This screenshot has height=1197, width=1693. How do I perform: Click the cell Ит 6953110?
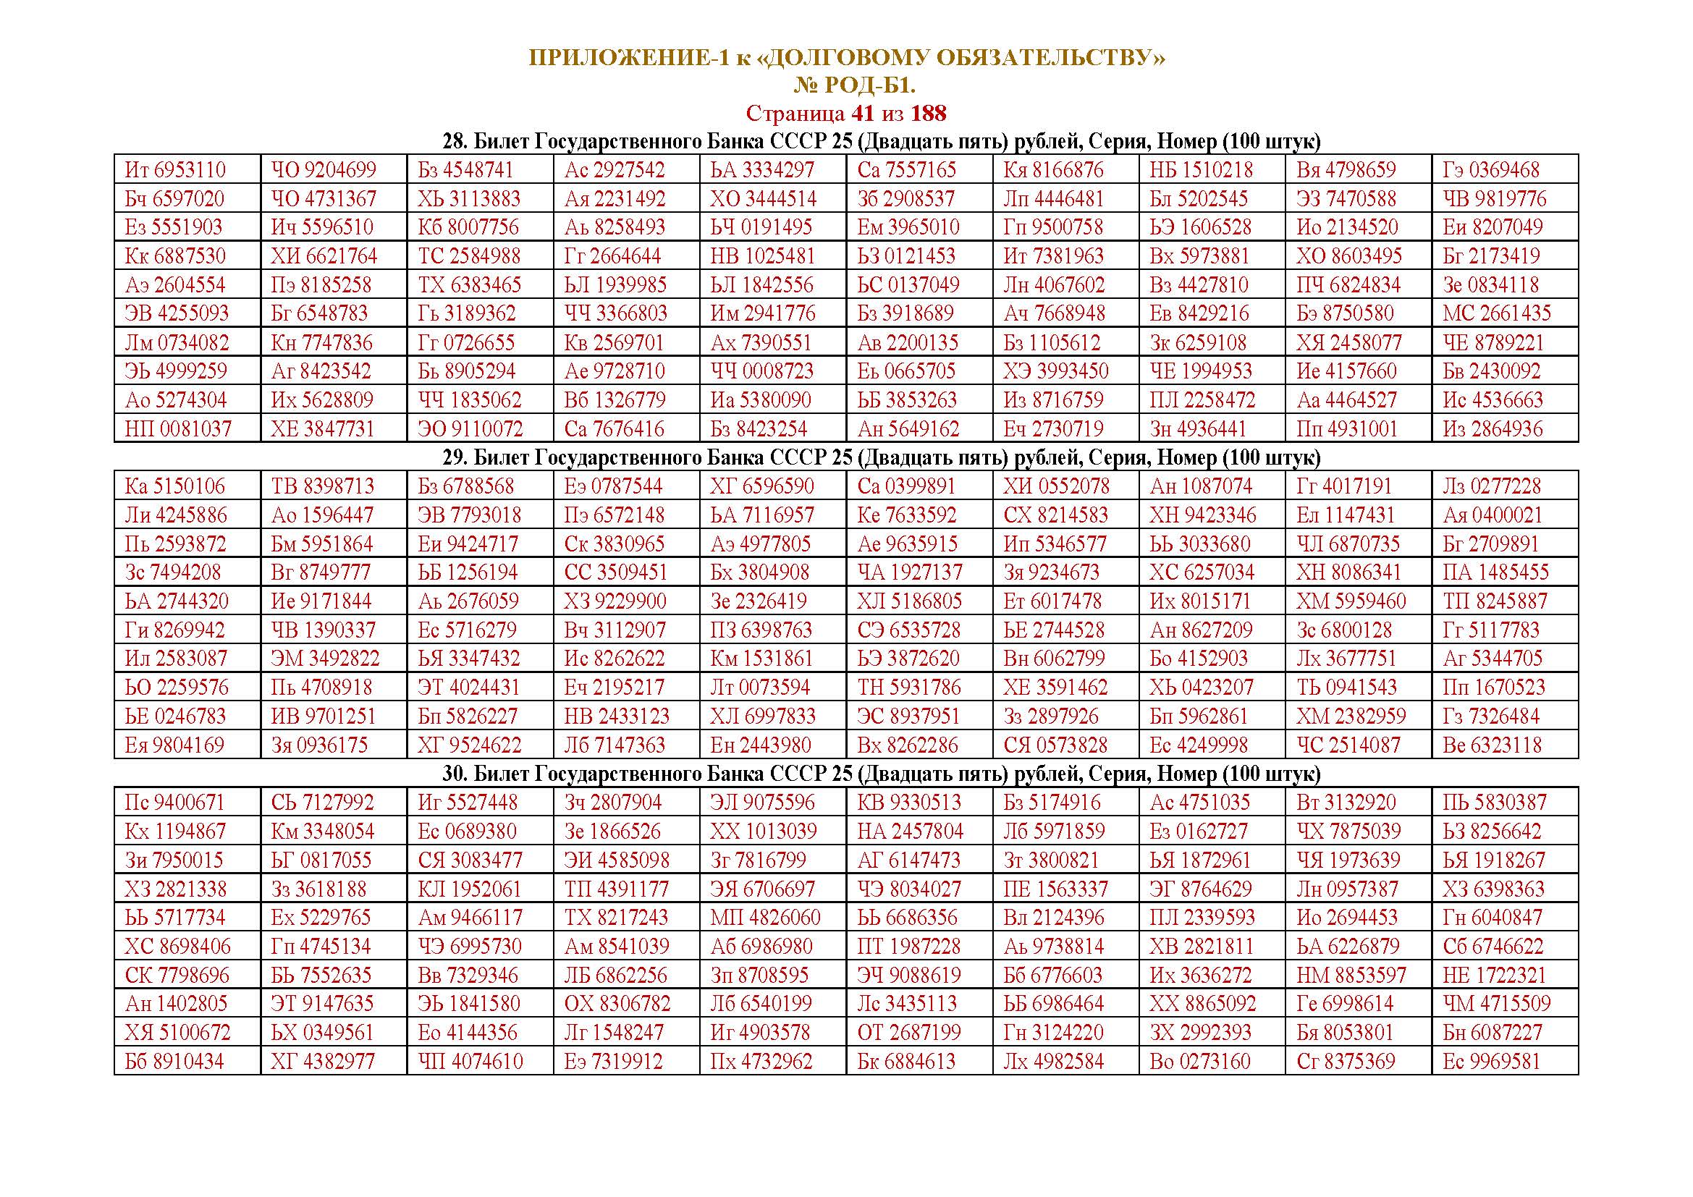click(x=175, y=170)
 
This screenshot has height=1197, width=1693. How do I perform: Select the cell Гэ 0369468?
click(x=1491, y=170)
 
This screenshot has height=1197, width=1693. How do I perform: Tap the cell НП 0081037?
click(x=178, y=429)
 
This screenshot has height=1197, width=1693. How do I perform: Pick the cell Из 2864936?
click(x=1493, y=429)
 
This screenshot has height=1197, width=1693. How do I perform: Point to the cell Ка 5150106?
click(x=174, y=486)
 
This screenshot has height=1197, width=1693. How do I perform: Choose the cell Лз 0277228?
click(x=1492, y=486)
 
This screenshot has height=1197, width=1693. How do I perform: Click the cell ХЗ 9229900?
click(x=615, y=601)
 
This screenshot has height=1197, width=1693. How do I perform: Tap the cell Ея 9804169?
click(x=174, y=745)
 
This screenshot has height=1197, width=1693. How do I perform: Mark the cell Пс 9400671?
click(x=174, y=803)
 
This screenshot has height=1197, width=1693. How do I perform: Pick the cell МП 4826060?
click(x=764, y=918)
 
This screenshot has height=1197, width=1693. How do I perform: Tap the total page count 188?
click(x=928, y=114)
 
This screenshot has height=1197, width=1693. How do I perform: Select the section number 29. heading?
click(x=455, y=457)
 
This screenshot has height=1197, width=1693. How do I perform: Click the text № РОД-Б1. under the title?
click(x=854, y=86)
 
